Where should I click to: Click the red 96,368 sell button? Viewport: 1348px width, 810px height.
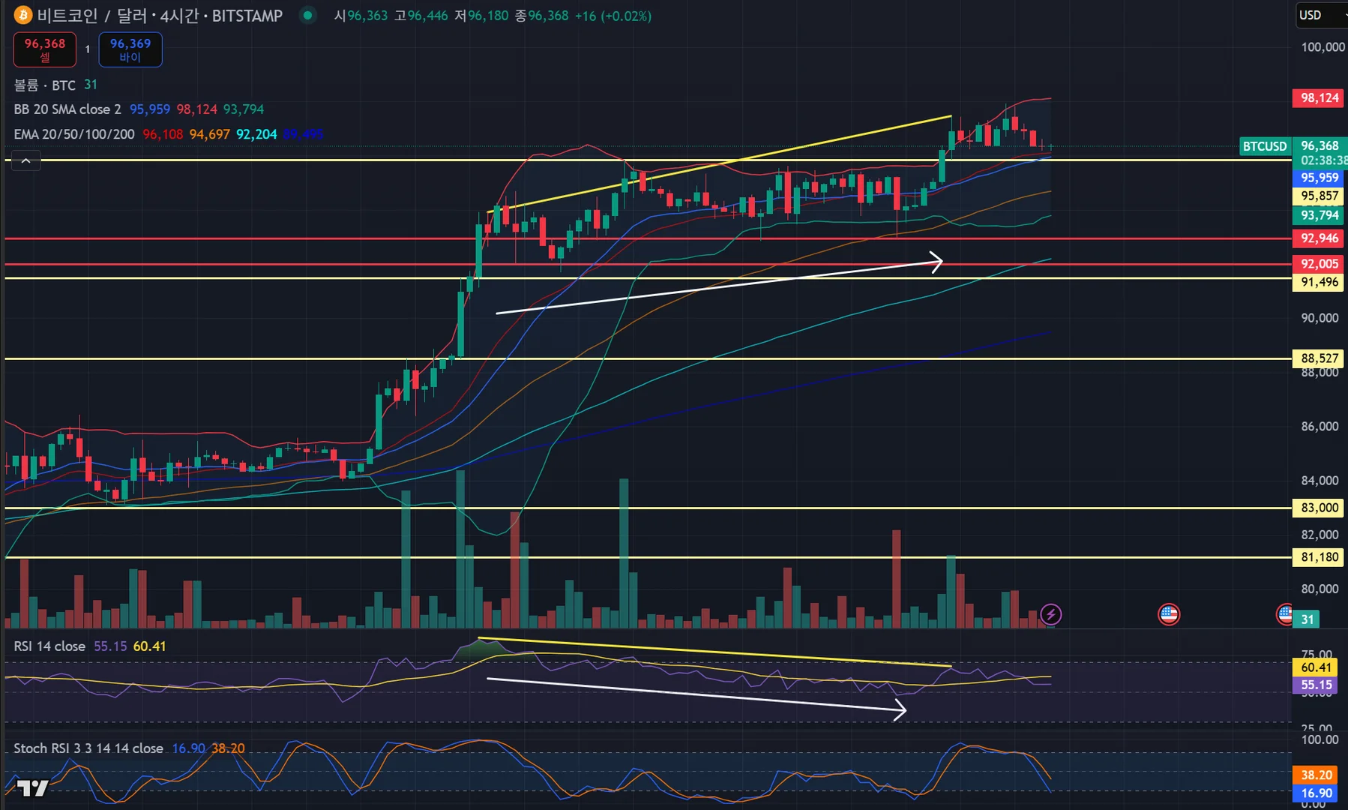(x=45, y=49)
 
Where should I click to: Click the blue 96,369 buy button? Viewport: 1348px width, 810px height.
(x=130, y=49)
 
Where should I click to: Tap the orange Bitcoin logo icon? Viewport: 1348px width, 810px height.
(x=23, y=16)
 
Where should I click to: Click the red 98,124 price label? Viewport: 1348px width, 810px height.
(x=1319, y=97)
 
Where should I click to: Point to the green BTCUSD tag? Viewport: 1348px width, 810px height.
(x=1265, y=146)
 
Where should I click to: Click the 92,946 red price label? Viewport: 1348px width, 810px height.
(x=1319, y=238)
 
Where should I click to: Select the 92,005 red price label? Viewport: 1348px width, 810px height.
(x=1319, y=264)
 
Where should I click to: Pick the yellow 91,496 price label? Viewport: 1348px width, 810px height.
(x=1319, y=282)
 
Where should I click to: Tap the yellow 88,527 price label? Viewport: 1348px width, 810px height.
(x=1319, y=358)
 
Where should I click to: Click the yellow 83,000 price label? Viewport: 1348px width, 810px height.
(x=1319, y=508)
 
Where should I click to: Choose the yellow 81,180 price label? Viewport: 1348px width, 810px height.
(x=1319, y=557)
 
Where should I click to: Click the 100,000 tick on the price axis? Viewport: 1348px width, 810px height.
(x=1323, y=47)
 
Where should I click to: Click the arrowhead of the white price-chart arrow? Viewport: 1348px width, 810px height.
(x=938, y=261)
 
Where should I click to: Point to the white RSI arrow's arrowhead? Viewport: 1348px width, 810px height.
(x=902, y=709)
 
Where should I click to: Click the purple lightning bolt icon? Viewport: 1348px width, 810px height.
(x=1050, y=615)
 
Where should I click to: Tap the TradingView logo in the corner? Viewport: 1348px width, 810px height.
(x=32, y=787)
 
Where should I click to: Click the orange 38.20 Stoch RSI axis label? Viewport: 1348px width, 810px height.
(x=1316, y=775)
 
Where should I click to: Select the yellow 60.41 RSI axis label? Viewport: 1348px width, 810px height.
(x=1316, y=667)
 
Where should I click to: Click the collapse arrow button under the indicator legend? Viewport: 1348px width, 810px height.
(x=25, y=160)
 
